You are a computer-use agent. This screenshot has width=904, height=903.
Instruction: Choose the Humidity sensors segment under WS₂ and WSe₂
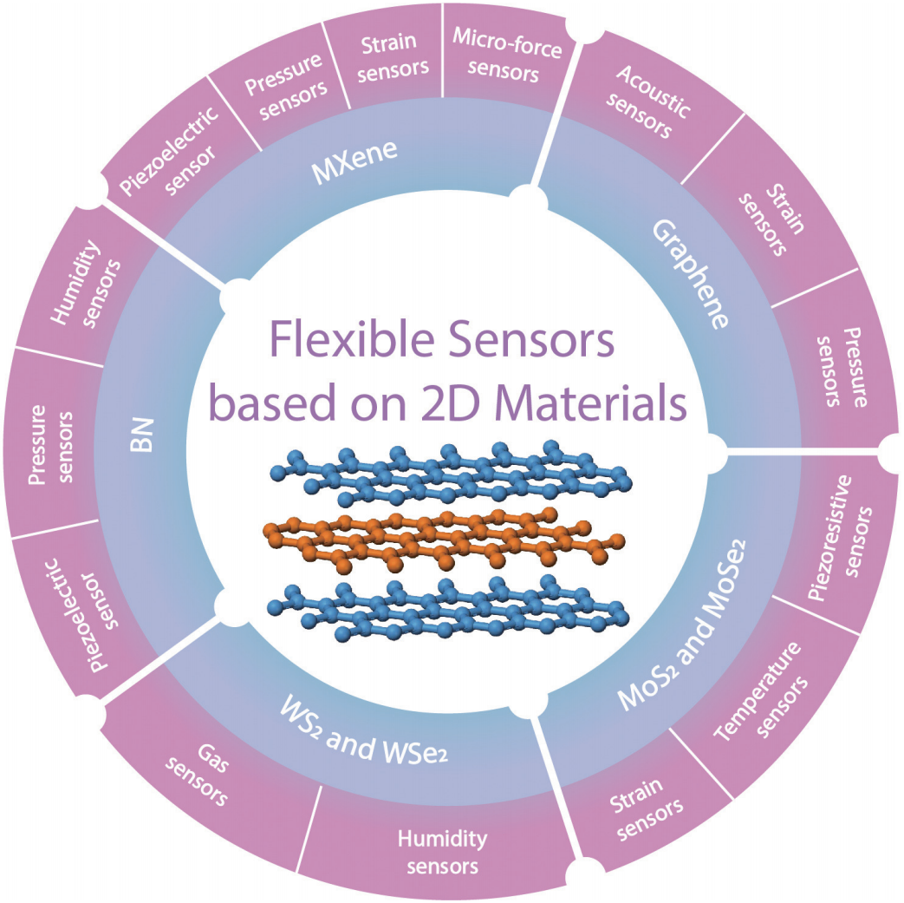pyautogui.click(x=442, y=852)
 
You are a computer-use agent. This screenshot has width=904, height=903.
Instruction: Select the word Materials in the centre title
pyautogui.click(x=589, y=403)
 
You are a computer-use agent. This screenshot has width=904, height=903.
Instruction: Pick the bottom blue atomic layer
pyautogui.click(x=451, y=612)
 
